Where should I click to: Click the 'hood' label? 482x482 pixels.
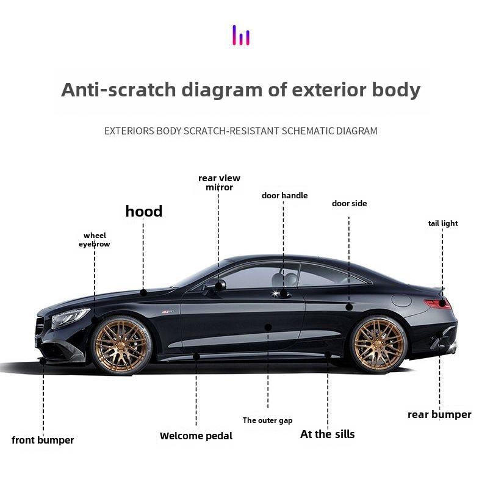coord(144,212)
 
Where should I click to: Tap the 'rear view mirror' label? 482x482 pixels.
coord(219,182)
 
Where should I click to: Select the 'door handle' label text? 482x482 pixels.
coord(284,196)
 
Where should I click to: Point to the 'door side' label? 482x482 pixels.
coord(349,203)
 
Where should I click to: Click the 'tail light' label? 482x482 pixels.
coord(442,223)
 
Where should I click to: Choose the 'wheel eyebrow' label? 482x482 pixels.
coord(95,240)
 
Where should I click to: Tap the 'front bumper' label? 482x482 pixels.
coord(43,440)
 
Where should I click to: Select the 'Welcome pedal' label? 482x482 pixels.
coord(196,436)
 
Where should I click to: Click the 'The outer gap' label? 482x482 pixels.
coord(267,420)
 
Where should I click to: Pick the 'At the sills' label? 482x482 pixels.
coord(327,434)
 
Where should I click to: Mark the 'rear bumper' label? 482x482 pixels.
coord(439,415)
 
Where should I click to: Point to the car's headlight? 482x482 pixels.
coord(70,317)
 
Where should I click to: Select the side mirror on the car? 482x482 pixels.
coord(218,285)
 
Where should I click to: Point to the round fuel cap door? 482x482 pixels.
coord(401,300)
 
